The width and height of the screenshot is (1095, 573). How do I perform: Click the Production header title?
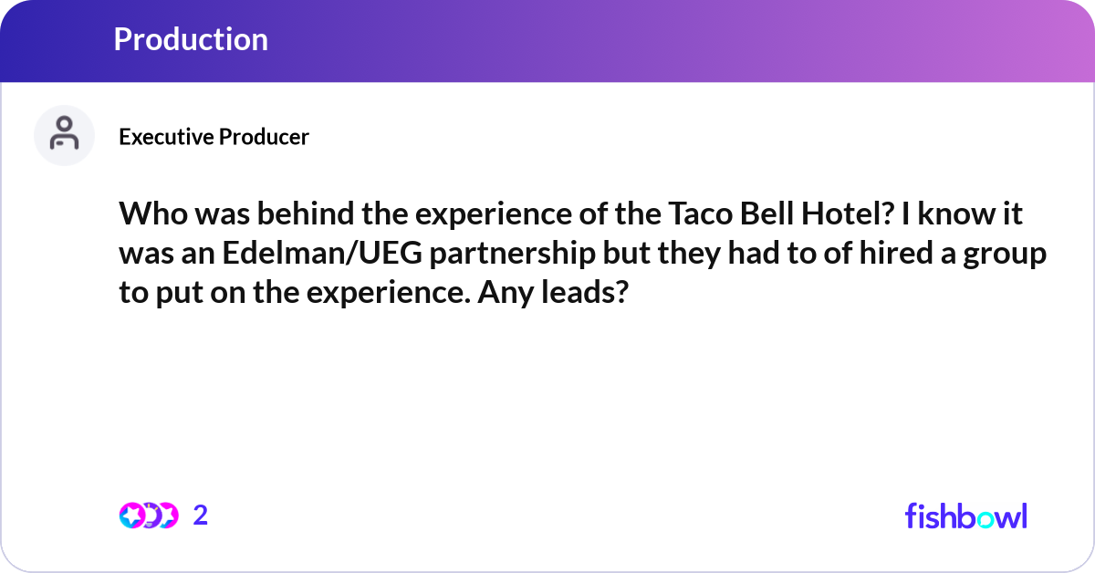pyautogui.click(x=191, y=39)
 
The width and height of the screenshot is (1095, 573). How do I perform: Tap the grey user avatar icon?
pyautogui.click(x=64, y=135)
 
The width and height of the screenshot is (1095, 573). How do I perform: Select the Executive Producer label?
pyautogui.click(x=214, y=137)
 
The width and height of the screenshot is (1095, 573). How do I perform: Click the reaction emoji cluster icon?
pyautogui.click(x=148, y=516)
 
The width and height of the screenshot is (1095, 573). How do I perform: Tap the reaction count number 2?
pyautogui.click(x=201, y=516)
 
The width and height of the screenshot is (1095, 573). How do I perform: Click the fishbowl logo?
pyautogui.click(x=965, y=516)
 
